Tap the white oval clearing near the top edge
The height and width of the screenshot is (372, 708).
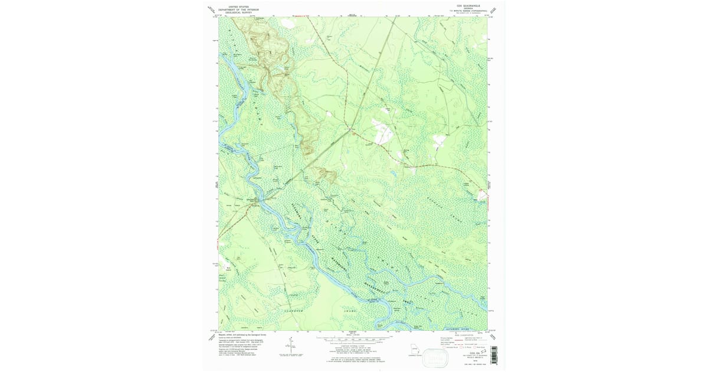pos(288,23)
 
